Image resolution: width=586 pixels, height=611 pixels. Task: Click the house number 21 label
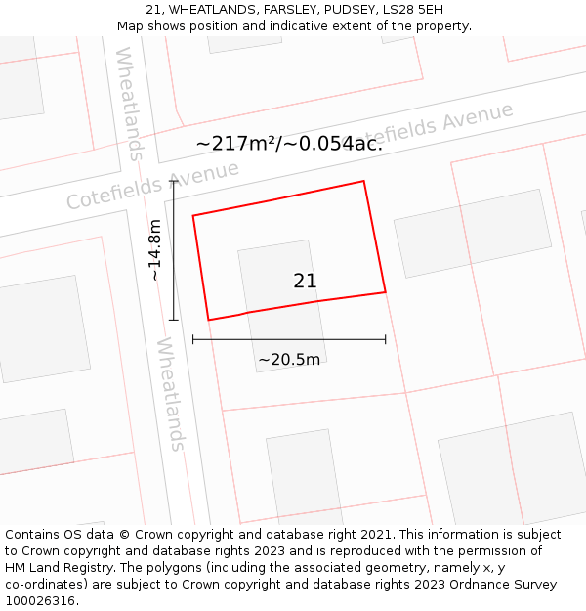pos(305,282)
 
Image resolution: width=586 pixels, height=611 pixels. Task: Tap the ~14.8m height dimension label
pos(154,250)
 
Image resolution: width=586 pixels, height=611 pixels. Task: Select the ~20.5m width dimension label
pos(289,360)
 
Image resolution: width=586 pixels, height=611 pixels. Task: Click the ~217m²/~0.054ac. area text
pos(289,144)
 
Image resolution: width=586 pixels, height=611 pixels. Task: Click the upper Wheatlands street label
pos(129,103)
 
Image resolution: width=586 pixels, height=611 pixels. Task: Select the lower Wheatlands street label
pos(170,394)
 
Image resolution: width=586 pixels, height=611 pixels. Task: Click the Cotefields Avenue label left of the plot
pos(152,186)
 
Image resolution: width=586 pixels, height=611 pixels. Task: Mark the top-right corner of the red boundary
pos(364,181)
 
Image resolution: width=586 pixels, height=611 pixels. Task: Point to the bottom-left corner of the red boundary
pos(209,320)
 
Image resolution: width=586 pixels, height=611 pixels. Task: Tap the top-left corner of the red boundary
pos(193,215)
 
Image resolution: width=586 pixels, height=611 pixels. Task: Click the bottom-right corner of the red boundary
pos(385,291)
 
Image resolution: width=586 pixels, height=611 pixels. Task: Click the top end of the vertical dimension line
pos(174,181)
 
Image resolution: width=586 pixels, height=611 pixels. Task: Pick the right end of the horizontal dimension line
pos(385,339)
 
